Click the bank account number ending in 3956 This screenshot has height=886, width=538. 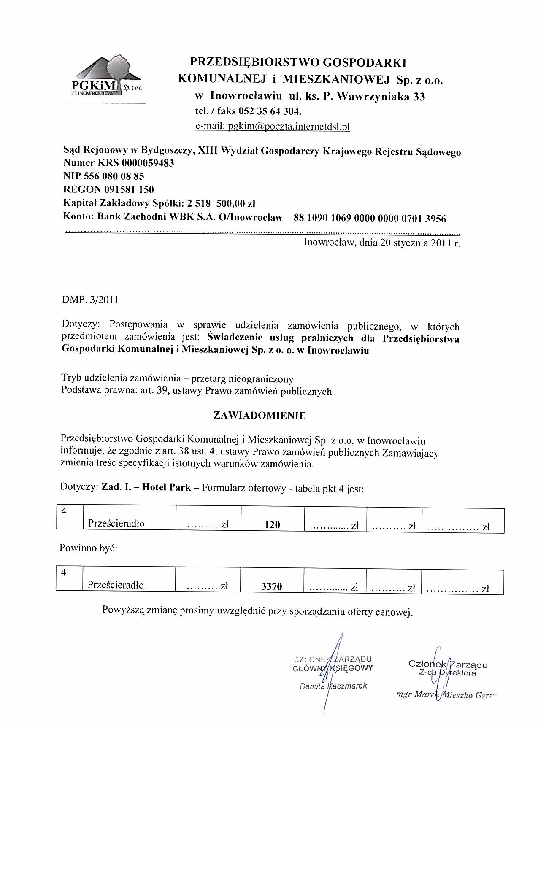point(369,218)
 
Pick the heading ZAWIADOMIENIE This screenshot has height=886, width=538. point(260,415)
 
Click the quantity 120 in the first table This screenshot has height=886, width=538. point(273,524)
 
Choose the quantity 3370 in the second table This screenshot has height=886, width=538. point(272,586)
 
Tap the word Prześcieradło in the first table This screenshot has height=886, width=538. point(116,524)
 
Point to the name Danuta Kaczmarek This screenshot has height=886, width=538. point(333,686)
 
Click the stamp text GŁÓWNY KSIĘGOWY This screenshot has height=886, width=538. point(333,668)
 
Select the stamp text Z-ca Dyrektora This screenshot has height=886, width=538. point(448,673)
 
